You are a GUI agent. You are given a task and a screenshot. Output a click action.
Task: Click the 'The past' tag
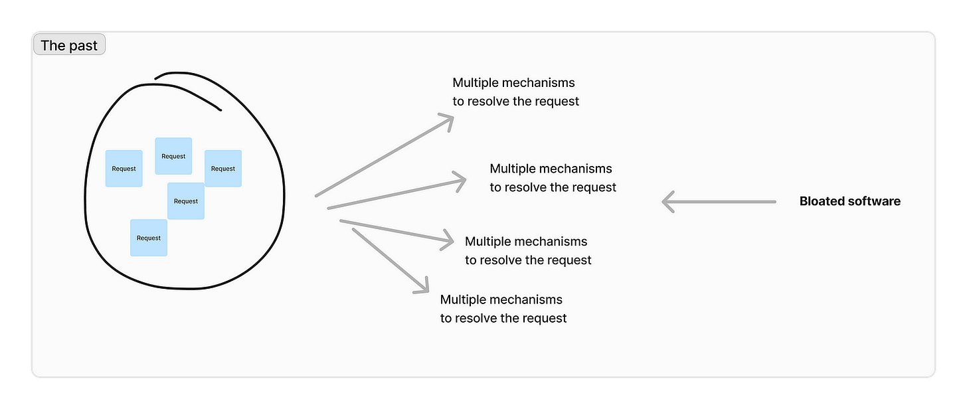point(69,46)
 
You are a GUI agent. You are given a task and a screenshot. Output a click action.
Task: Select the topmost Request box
point(173,156)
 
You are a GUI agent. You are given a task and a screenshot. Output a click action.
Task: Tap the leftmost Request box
point(124,169)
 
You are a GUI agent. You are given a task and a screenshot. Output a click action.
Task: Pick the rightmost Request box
point(223,169)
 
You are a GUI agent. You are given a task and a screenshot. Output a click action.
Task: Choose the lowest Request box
point(149,238)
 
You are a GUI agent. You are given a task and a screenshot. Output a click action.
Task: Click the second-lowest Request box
point(186,201)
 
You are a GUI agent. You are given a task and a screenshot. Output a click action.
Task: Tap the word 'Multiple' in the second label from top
point(512,169)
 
